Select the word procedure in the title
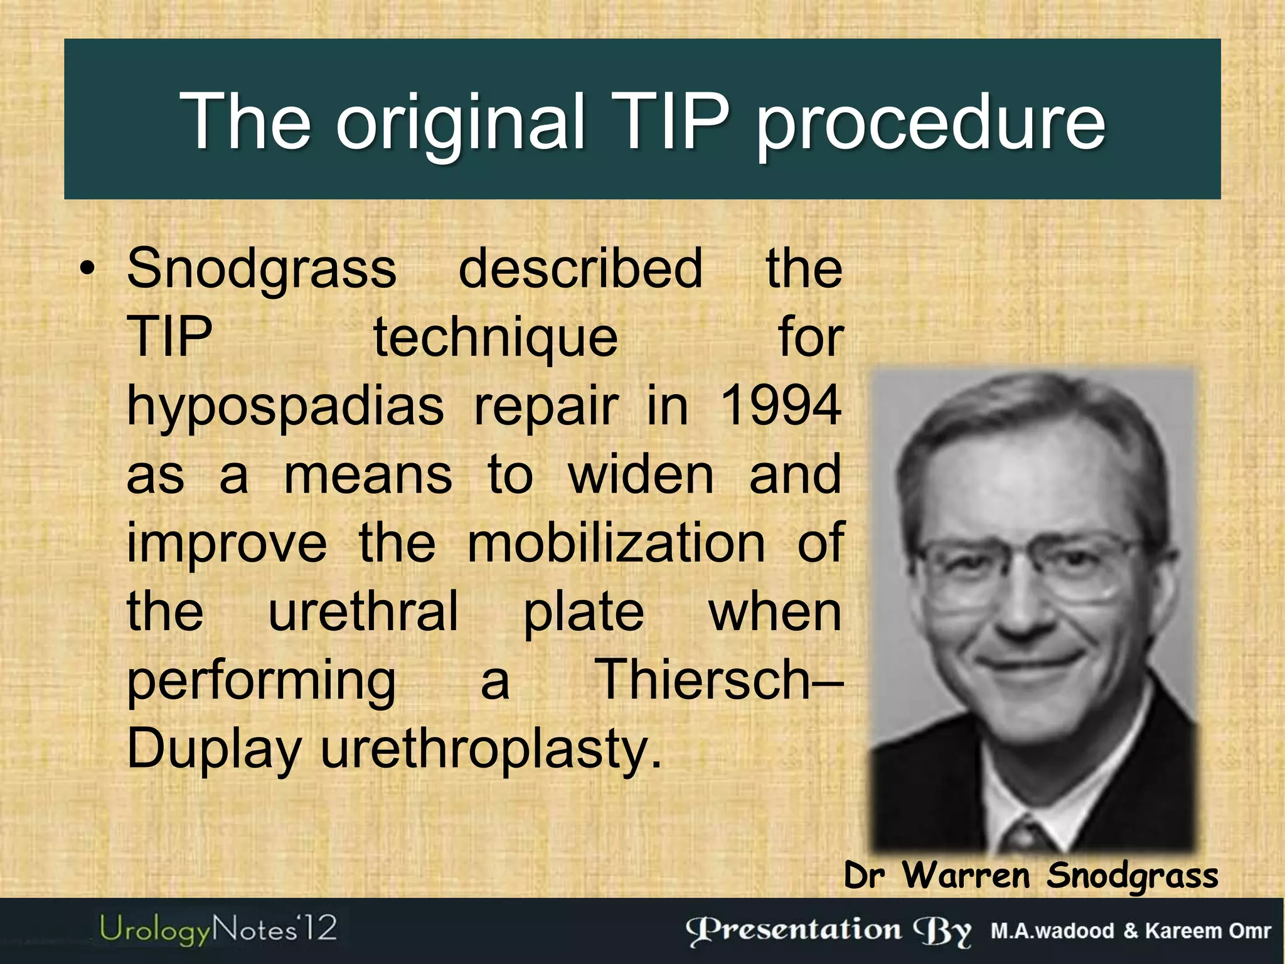pos(930,122)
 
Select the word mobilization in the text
pos(616,543)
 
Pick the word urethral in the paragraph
pos(363,611)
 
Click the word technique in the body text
pos(496,338)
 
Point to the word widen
pos(641,474)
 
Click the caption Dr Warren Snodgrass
pos(1030,875)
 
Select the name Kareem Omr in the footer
pos(1208,931)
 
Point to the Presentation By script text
pos(828,930)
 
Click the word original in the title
pos(461,122)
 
